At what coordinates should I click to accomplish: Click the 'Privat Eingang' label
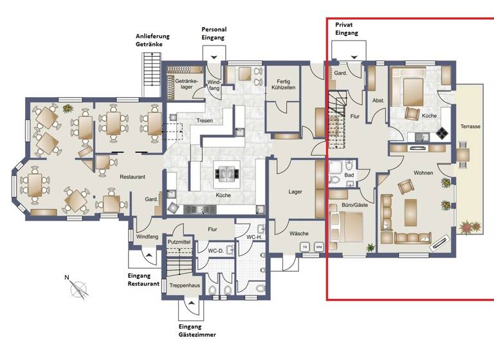click(346, 28)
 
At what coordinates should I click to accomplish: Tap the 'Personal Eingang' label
click(214, 34)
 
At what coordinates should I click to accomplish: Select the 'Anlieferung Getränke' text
click(153, 39)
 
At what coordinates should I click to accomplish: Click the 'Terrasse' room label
click(470, 127)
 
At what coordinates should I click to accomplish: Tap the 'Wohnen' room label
click(423, 174)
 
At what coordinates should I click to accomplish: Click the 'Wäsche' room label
click(298, 233)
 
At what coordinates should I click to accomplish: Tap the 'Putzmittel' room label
click(179, 242)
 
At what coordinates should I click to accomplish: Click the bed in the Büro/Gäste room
click(346, 226)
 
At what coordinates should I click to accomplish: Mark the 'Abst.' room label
click(378, 100)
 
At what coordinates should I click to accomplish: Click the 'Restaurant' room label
click(132, 176)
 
